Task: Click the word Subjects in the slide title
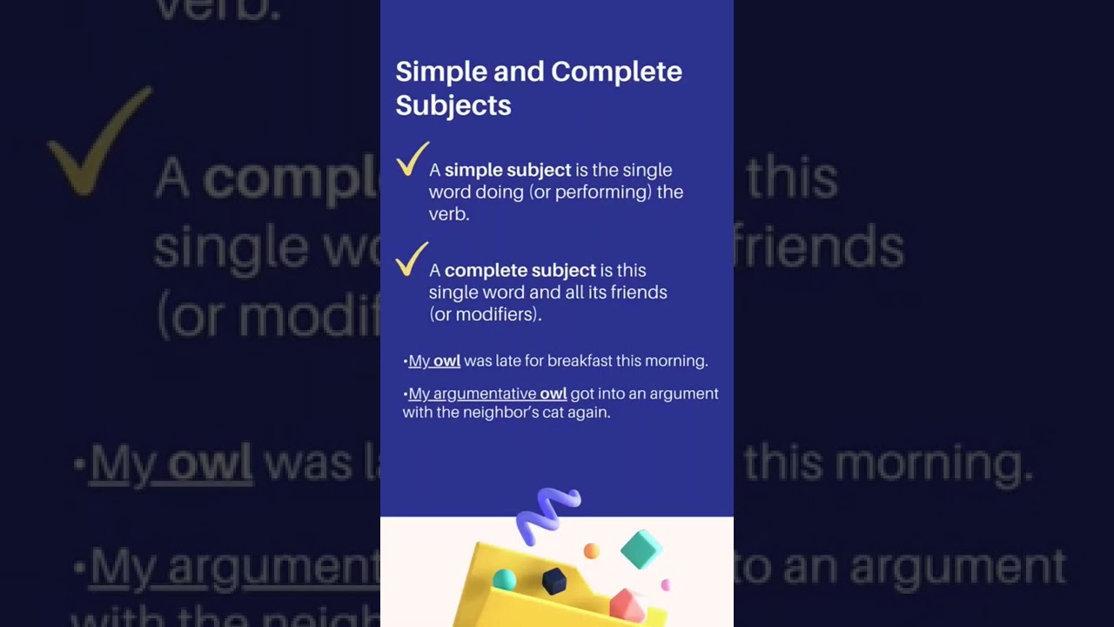pyautogui.click(x=453, y=105)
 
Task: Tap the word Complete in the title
pyautogui.click(x=616, y=71)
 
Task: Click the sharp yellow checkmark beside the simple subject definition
pyautogui.click(x=412, y=159)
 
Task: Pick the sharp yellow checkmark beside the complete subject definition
pyautogui.click(x=412, y=260)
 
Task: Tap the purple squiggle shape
pyautogui.click(x=547, y=513)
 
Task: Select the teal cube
pyautogui.click(x=641, y=549)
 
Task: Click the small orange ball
pyautogui.click(x=591, y=550)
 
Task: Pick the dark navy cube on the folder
pyautogui.click(x=554, y=580)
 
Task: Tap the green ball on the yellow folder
pyautogui.click(x=504, y=580)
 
